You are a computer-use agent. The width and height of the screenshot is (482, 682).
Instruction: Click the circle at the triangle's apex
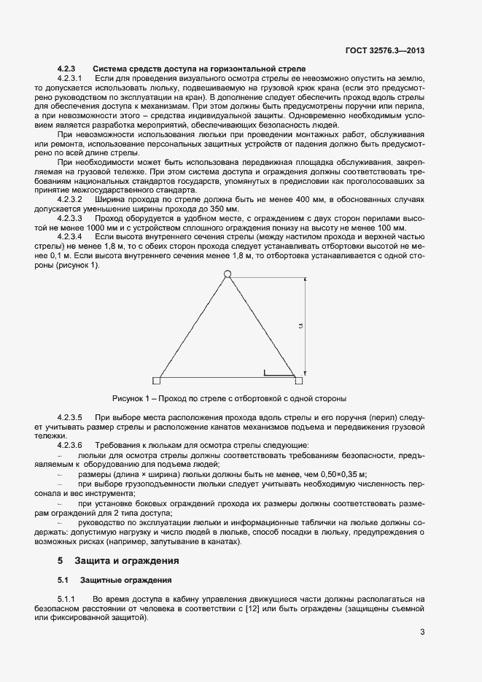pyautogui.click(x=227, y=274)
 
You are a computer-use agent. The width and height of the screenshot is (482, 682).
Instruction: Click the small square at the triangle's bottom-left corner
pyautogui.click(x=156, y=380)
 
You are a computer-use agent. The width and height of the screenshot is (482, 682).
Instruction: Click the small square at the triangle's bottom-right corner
pyautogui.click(x=298, y=380)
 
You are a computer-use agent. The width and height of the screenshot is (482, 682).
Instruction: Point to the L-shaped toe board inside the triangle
pyautogui.click(x=278, y=375)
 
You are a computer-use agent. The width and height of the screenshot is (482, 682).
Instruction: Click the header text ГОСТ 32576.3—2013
pyautogui.click(x=385, y=51)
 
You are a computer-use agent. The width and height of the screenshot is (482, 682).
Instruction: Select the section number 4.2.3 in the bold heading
pyautogui.click(x=66, y=68)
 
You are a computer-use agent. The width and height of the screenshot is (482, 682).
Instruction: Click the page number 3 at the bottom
pyautogui.click(x=422, y=632)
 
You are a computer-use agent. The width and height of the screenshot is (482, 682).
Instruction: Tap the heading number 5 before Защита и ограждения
pyautogui.click(x=61, y=561)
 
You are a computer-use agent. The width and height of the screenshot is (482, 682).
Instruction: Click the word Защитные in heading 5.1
pyautogui.click(x=99, y=581)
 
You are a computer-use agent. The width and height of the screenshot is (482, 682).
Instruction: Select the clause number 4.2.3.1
pyautogui.click(x=70, y=77)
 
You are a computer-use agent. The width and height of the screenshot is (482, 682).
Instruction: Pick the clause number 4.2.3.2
pyautogui.click(x=70, y=198)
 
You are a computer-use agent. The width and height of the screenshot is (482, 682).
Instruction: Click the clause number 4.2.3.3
pyautogui.click(x=70, y=217)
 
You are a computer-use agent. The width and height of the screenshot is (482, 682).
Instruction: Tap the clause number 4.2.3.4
pyautogui.click(x=70, y=236)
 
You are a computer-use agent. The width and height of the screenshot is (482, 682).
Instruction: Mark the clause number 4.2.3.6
pyautogui.click(x=70, y=444)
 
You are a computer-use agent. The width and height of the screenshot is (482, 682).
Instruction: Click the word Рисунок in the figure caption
pyautogui.click(x=128, y=398)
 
